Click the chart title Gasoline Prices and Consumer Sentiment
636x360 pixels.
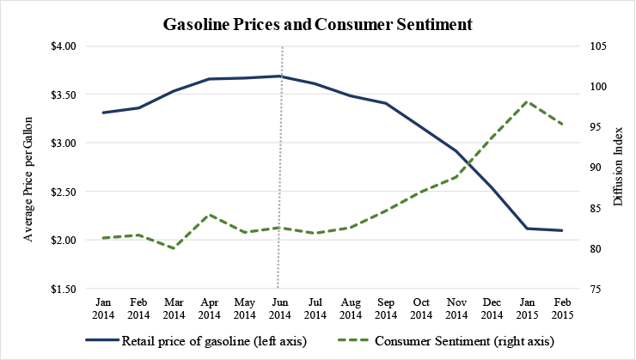click(x=318, y=25)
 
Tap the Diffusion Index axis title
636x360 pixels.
click(x=618, y=167)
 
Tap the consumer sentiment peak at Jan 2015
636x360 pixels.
click(x=529, y=101)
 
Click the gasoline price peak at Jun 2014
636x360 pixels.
click(x=280, y=76)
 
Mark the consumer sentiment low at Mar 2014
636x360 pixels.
click(x=174, y=248)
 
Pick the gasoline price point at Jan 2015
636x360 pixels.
click(x=529, y=229)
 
